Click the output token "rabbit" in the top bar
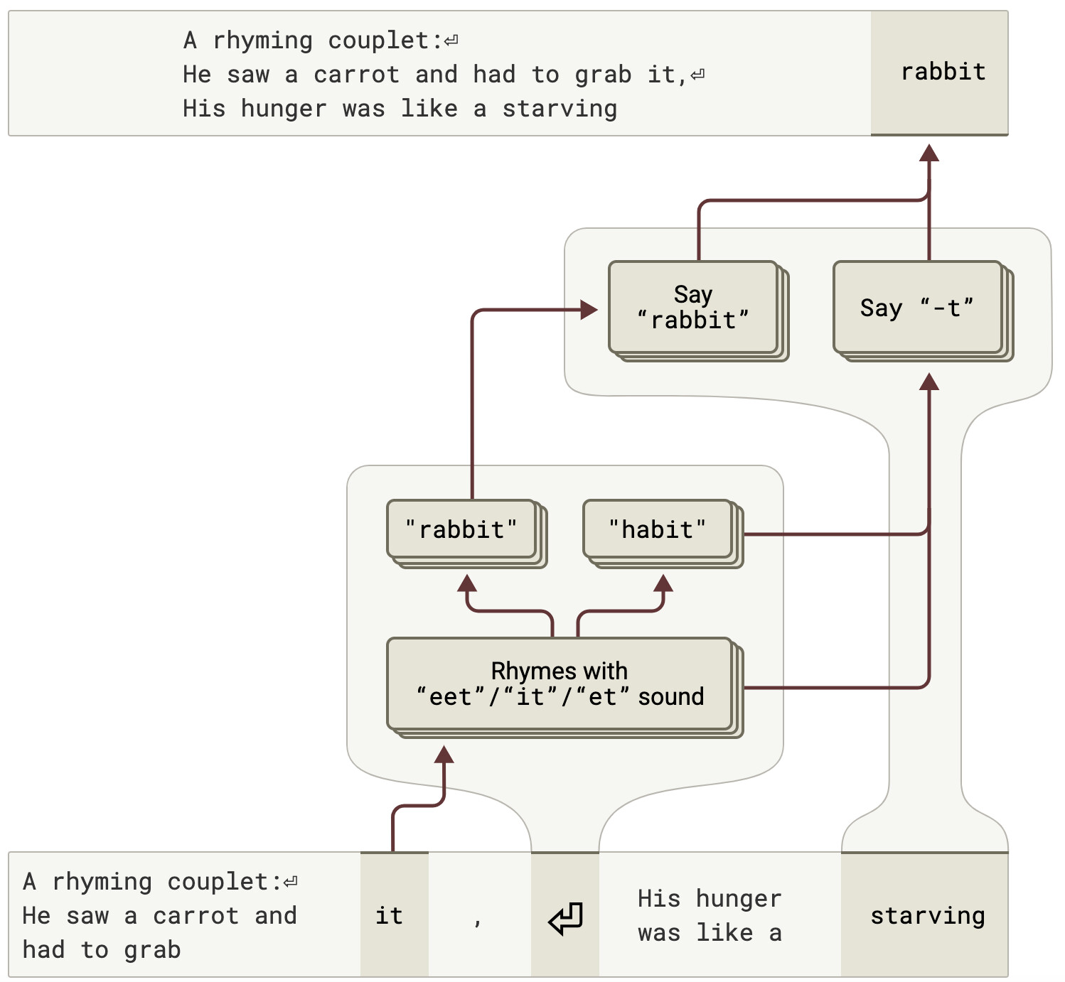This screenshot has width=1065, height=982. pos(943,72)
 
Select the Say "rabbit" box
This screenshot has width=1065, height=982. pos(697,311)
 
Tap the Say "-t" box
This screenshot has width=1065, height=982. pos(922,311)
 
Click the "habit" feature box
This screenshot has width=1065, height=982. pos(663,533)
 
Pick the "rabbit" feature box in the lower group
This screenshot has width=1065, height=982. pos(466,533)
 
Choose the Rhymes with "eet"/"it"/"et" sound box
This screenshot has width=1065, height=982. pos(564,687)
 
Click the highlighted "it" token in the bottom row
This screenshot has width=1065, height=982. pos(394,915)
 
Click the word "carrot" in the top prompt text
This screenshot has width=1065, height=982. pos(357,75)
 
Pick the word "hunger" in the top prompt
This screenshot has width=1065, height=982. pos(284,109)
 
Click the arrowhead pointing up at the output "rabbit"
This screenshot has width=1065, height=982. pos(929,153)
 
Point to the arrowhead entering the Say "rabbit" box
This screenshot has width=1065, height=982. pos(589,309)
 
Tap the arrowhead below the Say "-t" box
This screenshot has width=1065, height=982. pos(929,382)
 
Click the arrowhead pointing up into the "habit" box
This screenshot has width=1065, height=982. pos(663,583)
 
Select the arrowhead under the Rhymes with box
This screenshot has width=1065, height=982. pos(444,755)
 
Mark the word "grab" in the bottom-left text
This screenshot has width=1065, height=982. pos(152,950)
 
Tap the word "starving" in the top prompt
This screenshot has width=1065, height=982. pos(560,109)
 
